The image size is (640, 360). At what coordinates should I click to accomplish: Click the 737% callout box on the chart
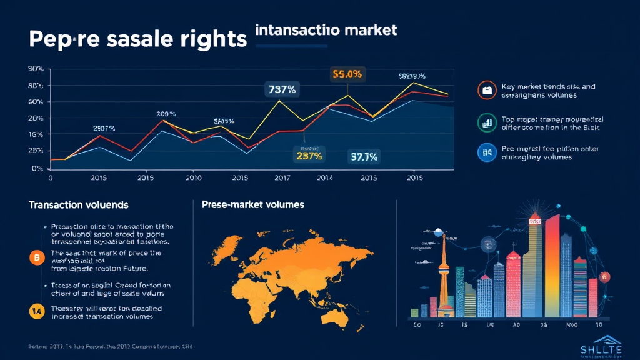click(282, 89)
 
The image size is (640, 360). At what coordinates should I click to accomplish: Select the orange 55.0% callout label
click(347, 74)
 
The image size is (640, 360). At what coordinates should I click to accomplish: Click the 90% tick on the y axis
click(35, 69)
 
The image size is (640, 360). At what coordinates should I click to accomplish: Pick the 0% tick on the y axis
click(37, 168)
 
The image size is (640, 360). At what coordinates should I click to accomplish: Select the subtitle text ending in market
click(326, 29)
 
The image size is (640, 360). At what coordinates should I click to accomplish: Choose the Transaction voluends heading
click(79, 205)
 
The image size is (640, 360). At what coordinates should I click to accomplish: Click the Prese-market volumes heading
click(253, 204)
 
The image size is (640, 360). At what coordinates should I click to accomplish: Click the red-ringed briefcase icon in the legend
click(486, 91)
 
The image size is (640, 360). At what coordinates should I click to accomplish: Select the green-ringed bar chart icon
click(486, 122)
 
